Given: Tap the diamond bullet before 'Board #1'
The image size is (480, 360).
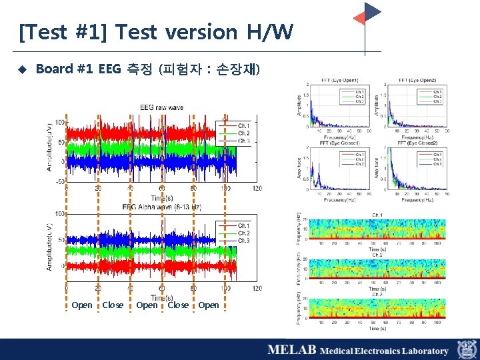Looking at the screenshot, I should [22, 69].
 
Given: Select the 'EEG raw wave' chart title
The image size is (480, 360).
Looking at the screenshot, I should [161, 107].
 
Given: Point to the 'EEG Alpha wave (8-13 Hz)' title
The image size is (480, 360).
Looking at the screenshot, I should [161, 207].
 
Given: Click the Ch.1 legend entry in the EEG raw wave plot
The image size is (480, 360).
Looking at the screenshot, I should [243, 125].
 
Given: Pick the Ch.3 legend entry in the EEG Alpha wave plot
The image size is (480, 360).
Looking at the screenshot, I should [243, 241].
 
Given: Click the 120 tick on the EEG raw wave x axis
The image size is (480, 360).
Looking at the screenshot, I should [256, 189].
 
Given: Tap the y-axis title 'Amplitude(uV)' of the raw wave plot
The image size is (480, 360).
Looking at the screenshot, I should [49, 145].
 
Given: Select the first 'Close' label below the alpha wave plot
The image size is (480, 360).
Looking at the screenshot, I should [113, 305].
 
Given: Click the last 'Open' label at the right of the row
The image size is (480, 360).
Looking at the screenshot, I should [208, 305].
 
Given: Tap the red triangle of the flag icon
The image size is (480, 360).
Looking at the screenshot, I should [359, 19].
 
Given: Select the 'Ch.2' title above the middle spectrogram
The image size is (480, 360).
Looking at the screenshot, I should [377, 255].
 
